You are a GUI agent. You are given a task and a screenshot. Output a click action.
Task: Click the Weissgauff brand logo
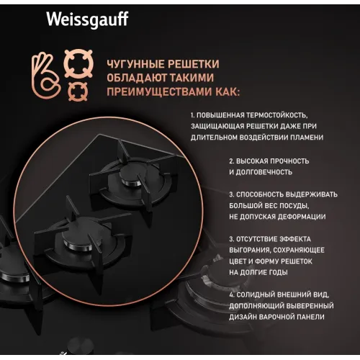[x=87, y=19]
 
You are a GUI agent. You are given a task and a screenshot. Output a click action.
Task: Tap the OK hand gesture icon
[x=46, y=75]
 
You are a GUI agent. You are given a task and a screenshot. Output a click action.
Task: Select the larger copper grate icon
[x=78, y=63]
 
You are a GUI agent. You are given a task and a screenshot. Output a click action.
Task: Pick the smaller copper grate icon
[x=78, y=91]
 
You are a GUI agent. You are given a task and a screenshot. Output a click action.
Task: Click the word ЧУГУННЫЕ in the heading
[x=135, y=64]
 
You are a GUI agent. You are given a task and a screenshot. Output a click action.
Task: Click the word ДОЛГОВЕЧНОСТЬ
[x=264, y=172]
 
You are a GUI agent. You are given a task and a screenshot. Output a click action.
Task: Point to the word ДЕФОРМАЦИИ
[x=302, y=217]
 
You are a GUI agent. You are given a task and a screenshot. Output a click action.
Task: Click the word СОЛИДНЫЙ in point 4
[x=256, y=294]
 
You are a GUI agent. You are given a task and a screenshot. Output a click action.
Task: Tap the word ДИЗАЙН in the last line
[x=243, y=317]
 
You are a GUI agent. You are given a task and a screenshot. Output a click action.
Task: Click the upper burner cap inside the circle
[x=132, y=174]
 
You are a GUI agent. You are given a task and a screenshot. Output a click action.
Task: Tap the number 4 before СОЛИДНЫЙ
[x=231, y=294]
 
